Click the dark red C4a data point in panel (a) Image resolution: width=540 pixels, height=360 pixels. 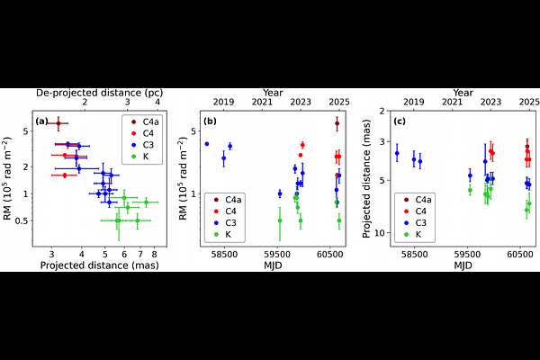[x=58, y=123]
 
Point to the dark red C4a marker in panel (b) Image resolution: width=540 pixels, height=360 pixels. [x=337, y=123]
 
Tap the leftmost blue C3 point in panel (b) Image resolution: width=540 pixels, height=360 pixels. [x=207, y=144]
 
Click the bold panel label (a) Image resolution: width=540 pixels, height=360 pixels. [x=41, y=120]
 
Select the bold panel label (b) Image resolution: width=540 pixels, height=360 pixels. [x=210, y=120]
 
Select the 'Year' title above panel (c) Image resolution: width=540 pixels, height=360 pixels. [x=463, y=92]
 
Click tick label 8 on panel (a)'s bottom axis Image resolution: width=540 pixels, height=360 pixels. [x=154, y=254]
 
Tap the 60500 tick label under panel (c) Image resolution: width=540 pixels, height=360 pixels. [x=518, y=254]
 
